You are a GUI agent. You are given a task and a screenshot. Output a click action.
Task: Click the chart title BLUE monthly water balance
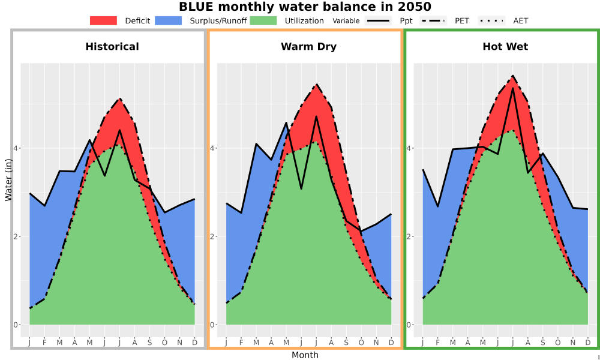[x=305, y=7]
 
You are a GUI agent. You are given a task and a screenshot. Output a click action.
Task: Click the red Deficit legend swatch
[x=103, y=20]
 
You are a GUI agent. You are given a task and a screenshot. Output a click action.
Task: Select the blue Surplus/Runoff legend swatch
[x=169, y=20]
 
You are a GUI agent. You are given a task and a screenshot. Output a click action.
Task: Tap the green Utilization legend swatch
[x=263, y=20]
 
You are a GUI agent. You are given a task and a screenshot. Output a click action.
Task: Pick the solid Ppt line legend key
[x=378, y=20]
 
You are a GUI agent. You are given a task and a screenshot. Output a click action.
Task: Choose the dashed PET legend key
[x=433, y=20]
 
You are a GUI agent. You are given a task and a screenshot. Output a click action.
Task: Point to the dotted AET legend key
[x=492, y=20]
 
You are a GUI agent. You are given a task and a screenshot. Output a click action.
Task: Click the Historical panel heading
[x=112, y=47]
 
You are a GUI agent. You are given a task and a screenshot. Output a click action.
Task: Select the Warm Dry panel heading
[x=309, y=47]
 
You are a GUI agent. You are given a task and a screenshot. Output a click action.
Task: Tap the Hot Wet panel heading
[x=505, y=47]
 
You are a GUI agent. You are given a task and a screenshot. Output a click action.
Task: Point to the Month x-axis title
[x=305, y=355]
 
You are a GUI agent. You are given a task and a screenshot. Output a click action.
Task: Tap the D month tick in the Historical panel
[x=195, y=343]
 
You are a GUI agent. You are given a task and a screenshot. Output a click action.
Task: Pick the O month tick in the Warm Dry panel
[x=361, y=343]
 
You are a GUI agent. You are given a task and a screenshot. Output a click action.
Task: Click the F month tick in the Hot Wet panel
[x=438, y=343]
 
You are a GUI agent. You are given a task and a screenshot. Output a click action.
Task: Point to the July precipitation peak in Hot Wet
[x=513, y=88]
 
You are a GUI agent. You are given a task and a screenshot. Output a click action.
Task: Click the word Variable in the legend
[x=346, y=21]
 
